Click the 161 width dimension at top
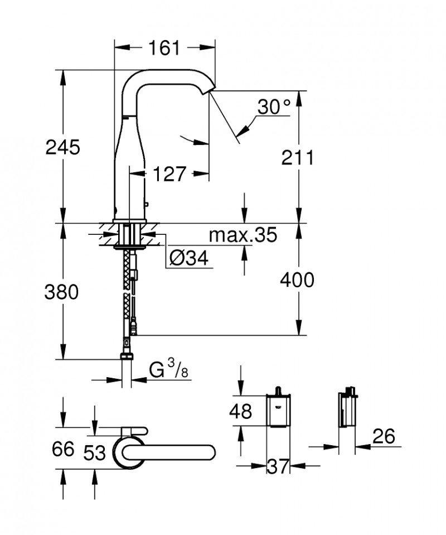[164, 49]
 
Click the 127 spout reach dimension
[169, 175]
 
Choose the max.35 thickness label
[243, 235]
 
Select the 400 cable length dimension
[296, 279]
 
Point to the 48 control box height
[240, 412]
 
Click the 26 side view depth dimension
[381, 436]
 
